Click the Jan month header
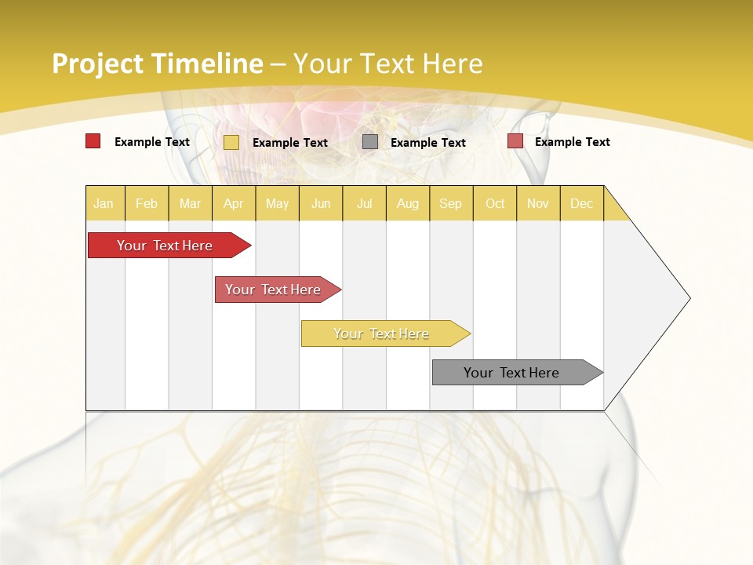tap(104, 203)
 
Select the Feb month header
tap(147, 203)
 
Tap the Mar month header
tap(190, 203)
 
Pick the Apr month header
tap(233, 203)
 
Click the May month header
tap(277, 203)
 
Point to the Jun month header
tap(321, 203)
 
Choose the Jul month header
tap(364, 203)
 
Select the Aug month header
tap(407, 203)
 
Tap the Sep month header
tap(450, 203)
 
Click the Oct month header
tap(495, 203)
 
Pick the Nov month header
tap(538, 203)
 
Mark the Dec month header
tap(581, 203)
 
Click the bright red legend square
tap(93, 141)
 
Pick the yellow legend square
tap(231, 142)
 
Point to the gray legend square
tap(370, 142)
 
